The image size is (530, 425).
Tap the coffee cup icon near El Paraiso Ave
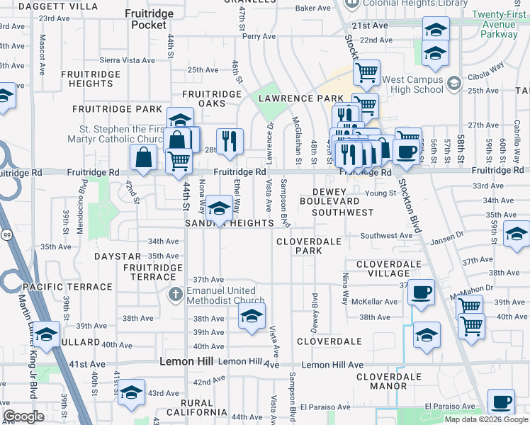coord(502,402)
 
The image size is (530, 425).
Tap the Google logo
coord(24,416)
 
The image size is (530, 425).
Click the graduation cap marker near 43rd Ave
coord(132,391)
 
